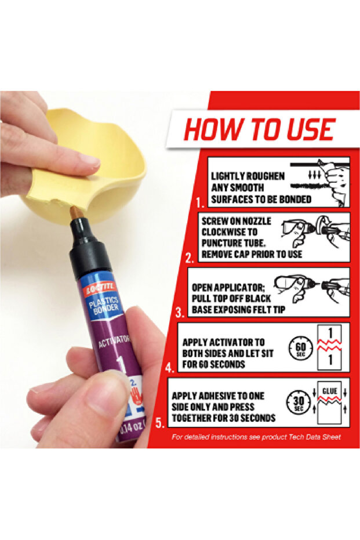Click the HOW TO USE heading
(x=260, y=129)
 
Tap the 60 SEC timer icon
(x=300, y=349)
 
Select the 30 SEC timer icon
(x=299, y=403)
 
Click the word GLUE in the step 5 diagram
(x=329, y=391)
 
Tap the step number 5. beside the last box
(x=160, y=423)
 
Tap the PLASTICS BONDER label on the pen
(x=104, y=306)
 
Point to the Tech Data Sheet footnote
(x=256, y=437)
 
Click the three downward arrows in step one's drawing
(x=314, y=175)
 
